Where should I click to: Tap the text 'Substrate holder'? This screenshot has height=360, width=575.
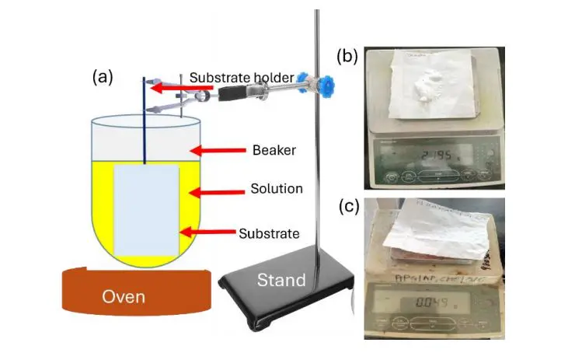(x=242, y=77)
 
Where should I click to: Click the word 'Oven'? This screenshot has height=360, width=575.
(x=128, y=296)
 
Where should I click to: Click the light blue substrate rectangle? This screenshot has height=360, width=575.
(x=147, y=210)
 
